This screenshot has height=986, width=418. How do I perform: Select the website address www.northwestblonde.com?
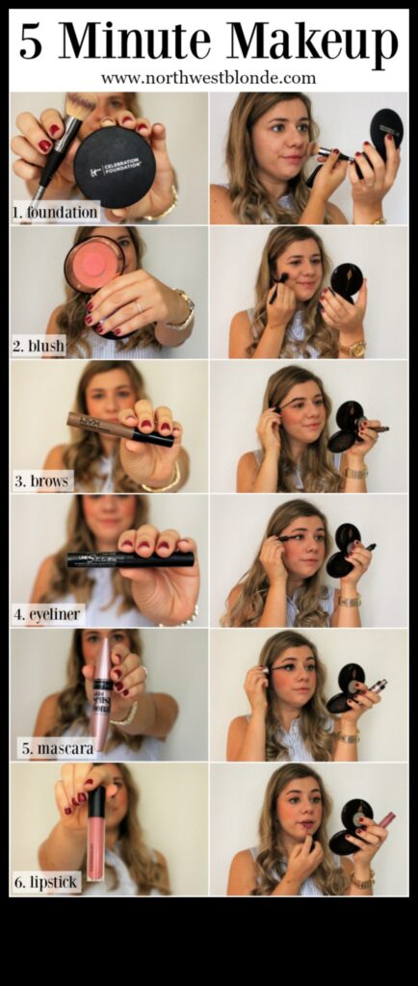(x=208, y=78)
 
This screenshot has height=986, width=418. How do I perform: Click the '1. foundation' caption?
(x=56, y=212)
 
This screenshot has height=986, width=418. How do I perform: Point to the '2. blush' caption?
(x=39, y=346)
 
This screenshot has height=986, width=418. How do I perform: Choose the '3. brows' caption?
(x=41, y=480)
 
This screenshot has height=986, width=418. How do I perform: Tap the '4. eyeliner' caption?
(x=48, y=612)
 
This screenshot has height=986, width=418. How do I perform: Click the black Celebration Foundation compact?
(x=115, y=166)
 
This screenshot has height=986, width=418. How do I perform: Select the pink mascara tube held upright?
(x=101, y=694)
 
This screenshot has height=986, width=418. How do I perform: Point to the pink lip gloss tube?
(x=96, y=832)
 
